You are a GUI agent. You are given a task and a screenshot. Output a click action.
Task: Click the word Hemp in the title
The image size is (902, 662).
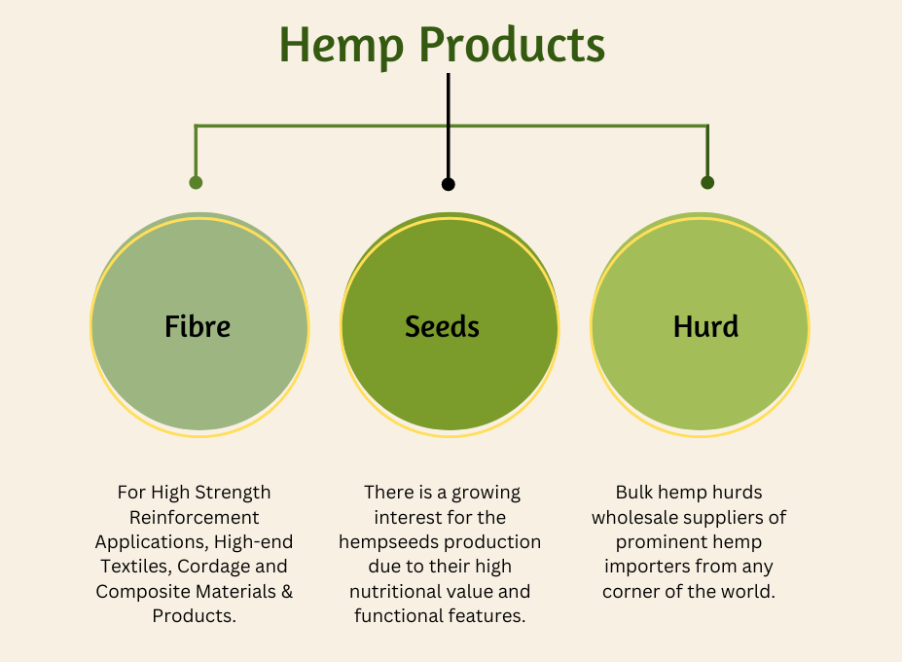(342, 46)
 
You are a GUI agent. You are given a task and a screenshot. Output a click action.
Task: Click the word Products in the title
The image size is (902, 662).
(512, 45)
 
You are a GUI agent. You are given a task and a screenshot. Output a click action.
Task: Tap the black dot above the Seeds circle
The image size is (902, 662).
(449, 184)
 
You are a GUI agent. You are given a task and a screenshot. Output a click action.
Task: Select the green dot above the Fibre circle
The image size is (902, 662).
(196, 182)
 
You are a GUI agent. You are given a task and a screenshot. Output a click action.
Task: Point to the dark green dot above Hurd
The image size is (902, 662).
(707, 182)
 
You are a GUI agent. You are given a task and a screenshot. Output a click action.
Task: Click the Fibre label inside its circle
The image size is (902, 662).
(198, 326)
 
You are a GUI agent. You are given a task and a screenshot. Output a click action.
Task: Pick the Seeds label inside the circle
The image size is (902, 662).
(442, 326)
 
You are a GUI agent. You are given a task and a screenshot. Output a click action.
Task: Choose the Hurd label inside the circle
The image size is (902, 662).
(705, 326)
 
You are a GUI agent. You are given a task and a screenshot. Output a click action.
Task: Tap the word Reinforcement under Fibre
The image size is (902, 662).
(195, 518)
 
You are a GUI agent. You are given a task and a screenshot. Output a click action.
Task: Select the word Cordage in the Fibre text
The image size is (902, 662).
(213, 567)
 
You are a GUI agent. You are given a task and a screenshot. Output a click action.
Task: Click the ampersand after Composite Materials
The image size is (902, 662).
(287, 591)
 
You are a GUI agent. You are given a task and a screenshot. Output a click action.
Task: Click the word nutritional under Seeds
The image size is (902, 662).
(385, 591)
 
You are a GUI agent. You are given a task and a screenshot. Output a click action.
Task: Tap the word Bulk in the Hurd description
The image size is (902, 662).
(634, 493)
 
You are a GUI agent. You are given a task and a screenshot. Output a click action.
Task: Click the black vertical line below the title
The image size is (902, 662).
(449, 126)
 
